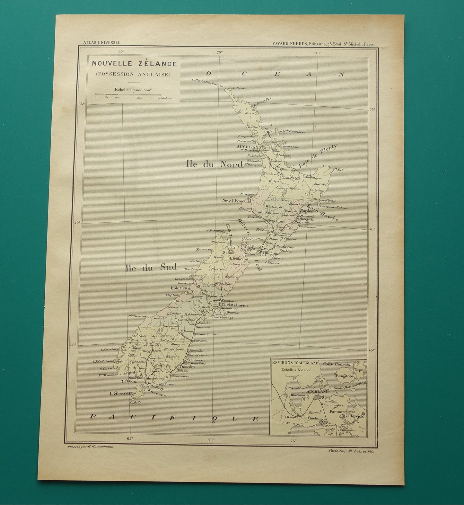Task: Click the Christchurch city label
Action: coord(233,305)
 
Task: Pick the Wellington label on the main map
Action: coord(268,253)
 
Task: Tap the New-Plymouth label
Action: coord(236,200)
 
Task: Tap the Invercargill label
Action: coord(157,378)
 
